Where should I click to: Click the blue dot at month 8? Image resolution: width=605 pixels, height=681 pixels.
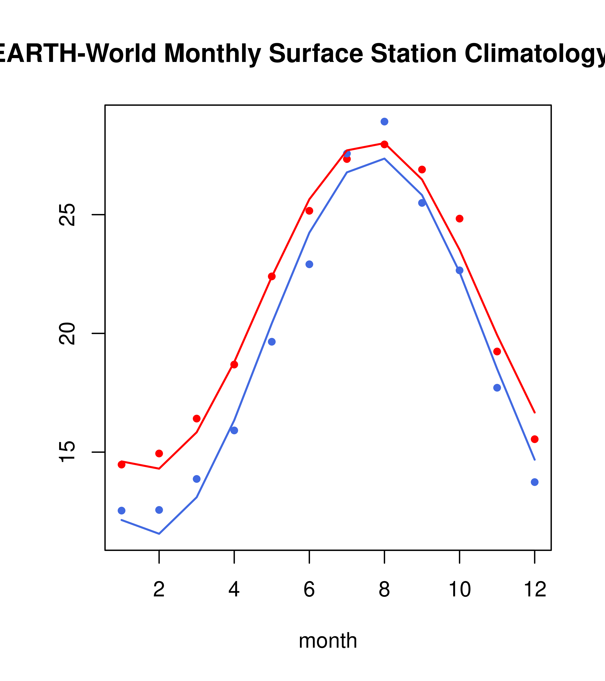[x=384, y=122]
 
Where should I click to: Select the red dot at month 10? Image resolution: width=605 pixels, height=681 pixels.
[x=459, y=219]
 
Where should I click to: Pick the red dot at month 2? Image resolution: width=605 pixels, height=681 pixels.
[x=159, y=454]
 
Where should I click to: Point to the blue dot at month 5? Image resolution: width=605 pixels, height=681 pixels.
[x=272, y=342]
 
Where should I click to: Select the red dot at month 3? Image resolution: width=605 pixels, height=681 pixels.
[x=197, y=418]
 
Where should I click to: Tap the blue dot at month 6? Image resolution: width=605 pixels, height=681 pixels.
[x=309, y=264]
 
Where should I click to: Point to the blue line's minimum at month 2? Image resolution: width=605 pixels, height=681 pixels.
[x=159, y=534]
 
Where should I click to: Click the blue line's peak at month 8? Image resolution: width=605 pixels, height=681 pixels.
[x=384, y=159]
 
